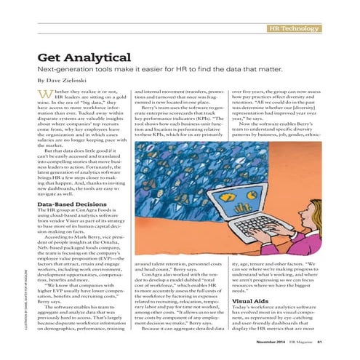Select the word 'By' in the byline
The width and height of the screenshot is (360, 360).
coord(41,80)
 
